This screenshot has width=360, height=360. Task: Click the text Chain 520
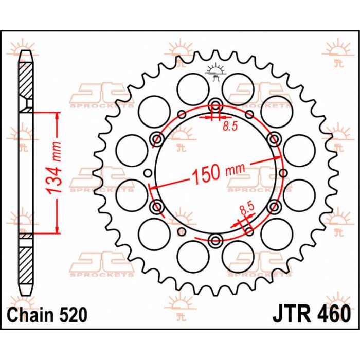(x=47, y=313)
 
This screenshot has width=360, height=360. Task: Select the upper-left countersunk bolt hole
(x=157, y=138)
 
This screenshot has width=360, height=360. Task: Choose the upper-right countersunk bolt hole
(x=275, y=138)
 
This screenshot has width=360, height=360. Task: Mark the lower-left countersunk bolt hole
(x=157, y=207)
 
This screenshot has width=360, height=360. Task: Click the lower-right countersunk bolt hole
(x=275, y=207)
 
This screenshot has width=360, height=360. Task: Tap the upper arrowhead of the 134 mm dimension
(x=56, y=114)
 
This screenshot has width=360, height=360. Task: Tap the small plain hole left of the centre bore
(x=149, y=173)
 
